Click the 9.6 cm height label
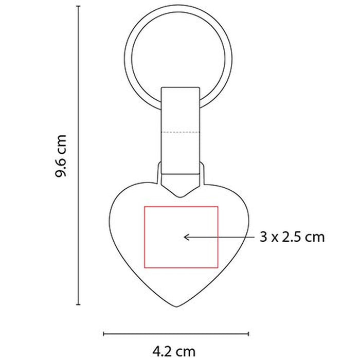(61, 156)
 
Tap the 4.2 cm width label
(174, 351)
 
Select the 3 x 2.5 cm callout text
(292, 237)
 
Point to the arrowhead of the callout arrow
(185, 237)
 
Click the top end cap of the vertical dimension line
(78, 6)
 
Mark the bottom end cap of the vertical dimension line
(78, 304)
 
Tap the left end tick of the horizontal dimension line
(103, 334)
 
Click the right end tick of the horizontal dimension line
(248, 334)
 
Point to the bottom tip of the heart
(177, 307)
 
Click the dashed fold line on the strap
(181, 132)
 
